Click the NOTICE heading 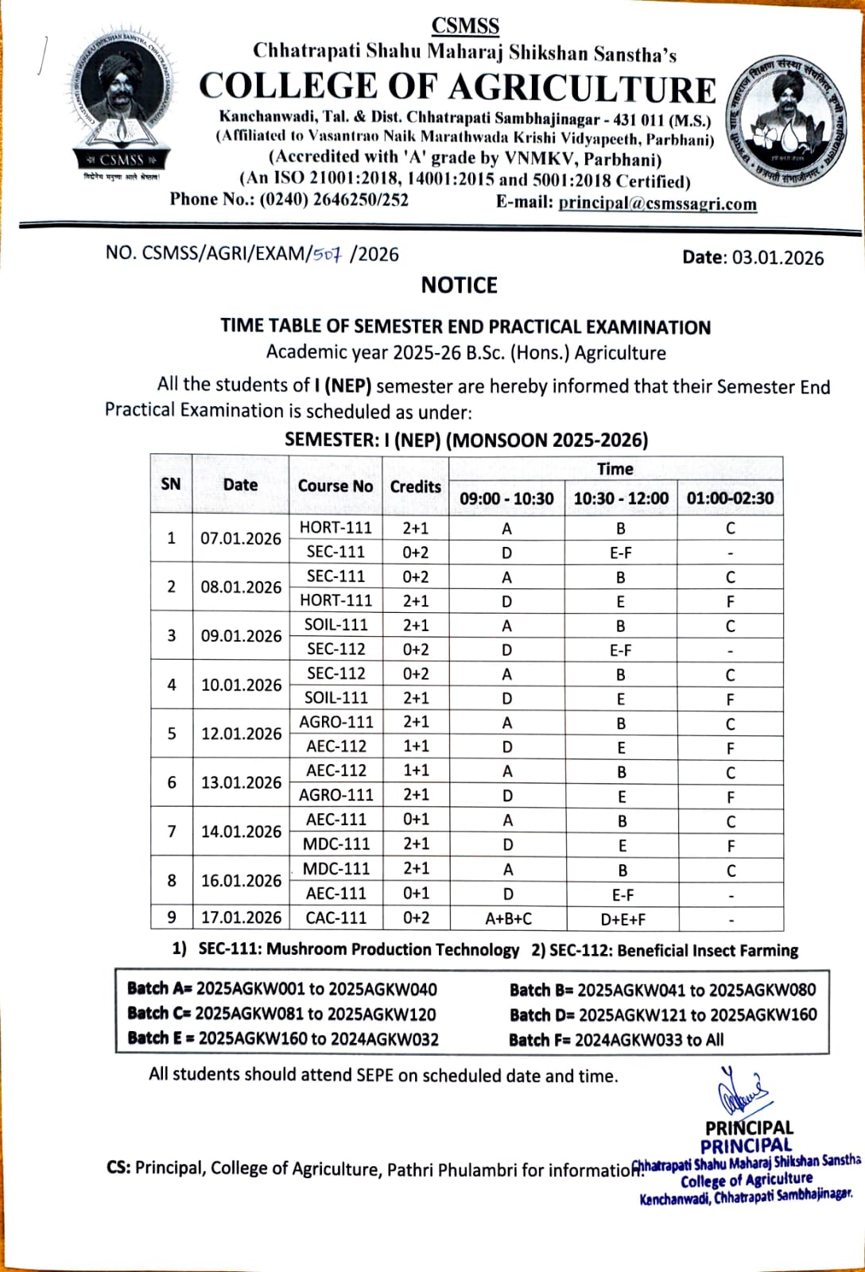pos(459,285)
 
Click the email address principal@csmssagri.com pos(657,203)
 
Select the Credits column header pos(415,487)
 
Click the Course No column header pos(335,486)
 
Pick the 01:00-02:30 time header pos(730,498)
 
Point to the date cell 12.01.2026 pos(241,734)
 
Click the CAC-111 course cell pos(336,917)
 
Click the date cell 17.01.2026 pos(241,917)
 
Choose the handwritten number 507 pos(327,254)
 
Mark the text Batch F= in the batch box pos(540,1040)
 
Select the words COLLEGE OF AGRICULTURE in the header pos(457,87)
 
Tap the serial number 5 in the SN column pos(172,734)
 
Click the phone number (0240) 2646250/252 pos(334,200)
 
